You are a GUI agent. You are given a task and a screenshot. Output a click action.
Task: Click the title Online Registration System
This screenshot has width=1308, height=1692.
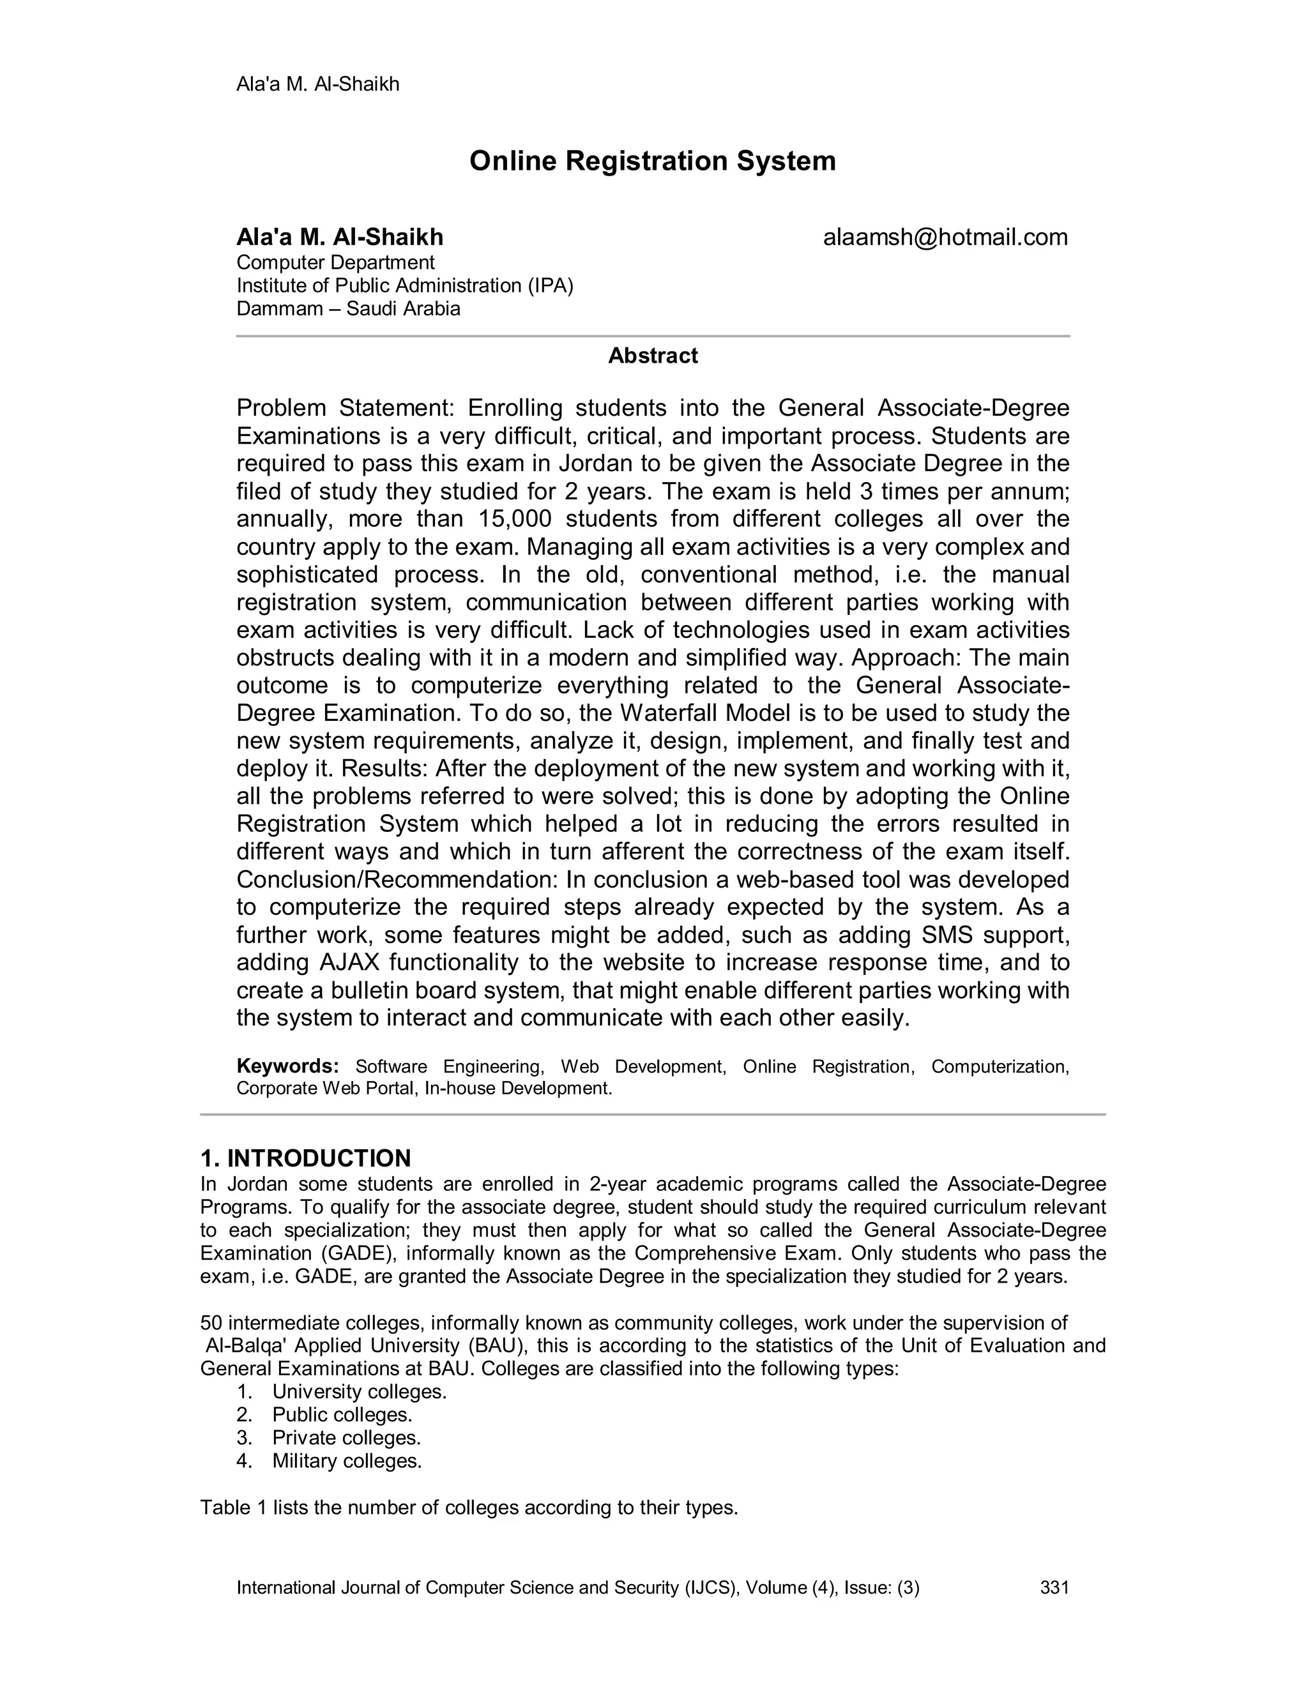653,161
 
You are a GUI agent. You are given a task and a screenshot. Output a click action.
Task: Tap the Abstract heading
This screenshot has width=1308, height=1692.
653,356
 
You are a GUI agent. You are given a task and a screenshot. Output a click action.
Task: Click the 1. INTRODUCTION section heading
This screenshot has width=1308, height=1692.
305,1158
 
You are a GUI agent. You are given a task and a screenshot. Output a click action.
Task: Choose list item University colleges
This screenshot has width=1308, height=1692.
360,1391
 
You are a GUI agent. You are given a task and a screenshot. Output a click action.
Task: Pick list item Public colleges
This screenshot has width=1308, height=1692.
342,1415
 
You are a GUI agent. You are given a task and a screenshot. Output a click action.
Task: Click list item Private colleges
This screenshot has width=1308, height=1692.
346,1438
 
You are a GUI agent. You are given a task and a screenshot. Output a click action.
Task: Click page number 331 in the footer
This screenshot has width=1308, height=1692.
1054,1587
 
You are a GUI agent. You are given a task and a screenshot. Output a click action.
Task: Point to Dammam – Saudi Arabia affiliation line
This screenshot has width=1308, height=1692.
348,308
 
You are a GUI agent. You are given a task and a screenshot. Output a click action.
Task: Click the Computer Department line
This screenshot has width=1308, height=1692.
335,262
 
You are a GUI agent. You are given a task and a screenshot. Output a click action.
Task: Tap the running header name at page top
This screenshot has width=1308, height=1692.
317,84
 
